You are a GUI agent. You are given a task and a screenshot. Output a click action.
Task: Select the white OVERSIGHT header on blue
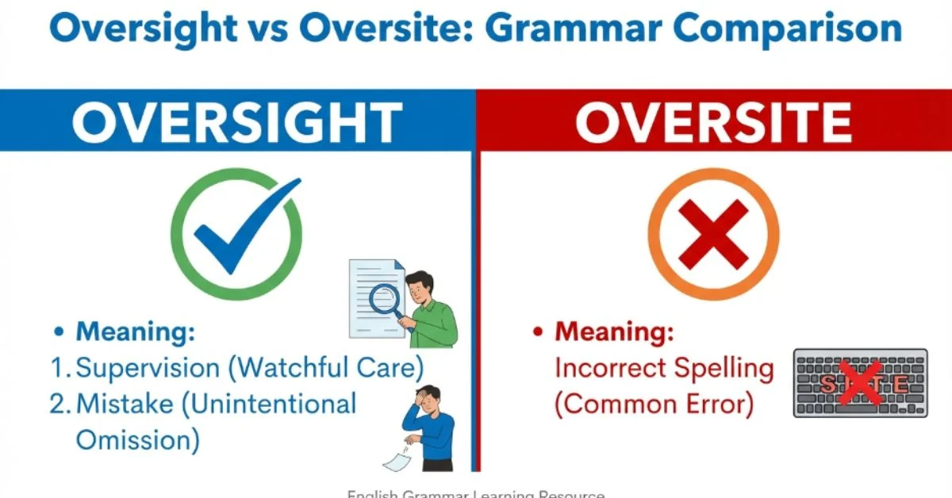[x=236, y=123]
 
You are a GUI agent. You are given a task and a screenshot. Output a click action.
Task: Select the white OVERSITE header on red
[x=713, y=123]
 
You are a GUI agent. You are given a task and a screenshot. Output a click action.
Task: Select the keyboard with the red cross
[x=862, y=383]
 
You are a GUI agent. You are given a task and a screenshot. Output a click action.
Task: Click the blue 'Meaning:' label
[x=135, y=332]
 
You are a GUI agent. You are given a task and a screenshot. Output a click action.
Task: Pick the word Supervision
[x=148, y=368]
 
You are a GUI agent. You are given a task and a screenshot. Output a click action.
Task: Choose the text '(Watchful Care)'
[x=329, y=368]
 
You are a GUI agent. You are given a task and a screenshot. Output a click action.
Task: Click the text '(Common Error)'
[x=652, y=404]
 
